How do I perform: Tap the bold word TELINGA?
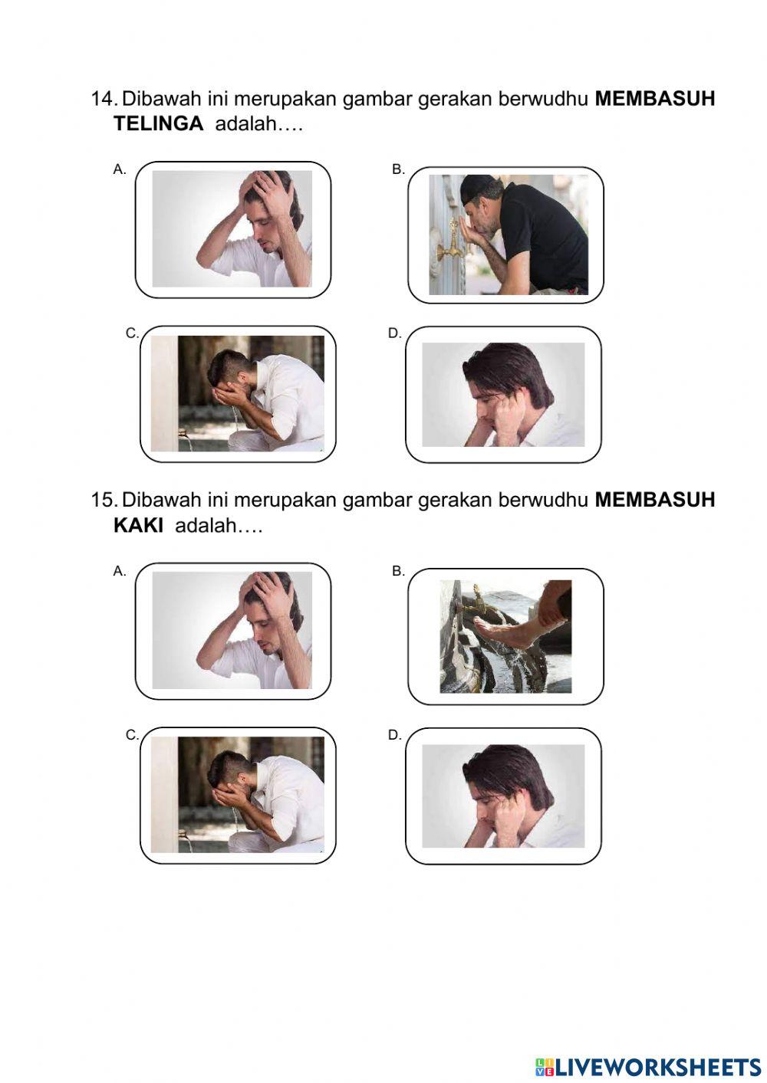click(x=158, y=124)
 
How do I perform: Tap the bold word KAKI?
click(x=138, y=527)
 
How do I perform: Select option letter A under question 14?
click(x=120, y=169)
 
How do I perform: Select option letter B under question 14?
click(x=398, y=169)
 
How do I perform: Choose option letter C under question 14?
click(x=132, y=333)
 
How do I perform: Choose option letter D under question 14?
click(x=394, y=333)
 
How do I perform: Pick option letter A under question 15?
click(x=120, y=571)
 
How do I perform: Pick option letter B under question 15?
click(x=398, y=571)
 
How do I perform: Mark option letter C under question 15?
click(x=132, y=734)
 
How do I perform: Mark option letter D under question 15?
click(x=394, y=734)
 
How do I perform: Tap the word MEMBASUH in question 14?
click(x=654, y=99)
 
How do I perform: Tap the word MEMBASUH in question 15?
click(x=654, y=500)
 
